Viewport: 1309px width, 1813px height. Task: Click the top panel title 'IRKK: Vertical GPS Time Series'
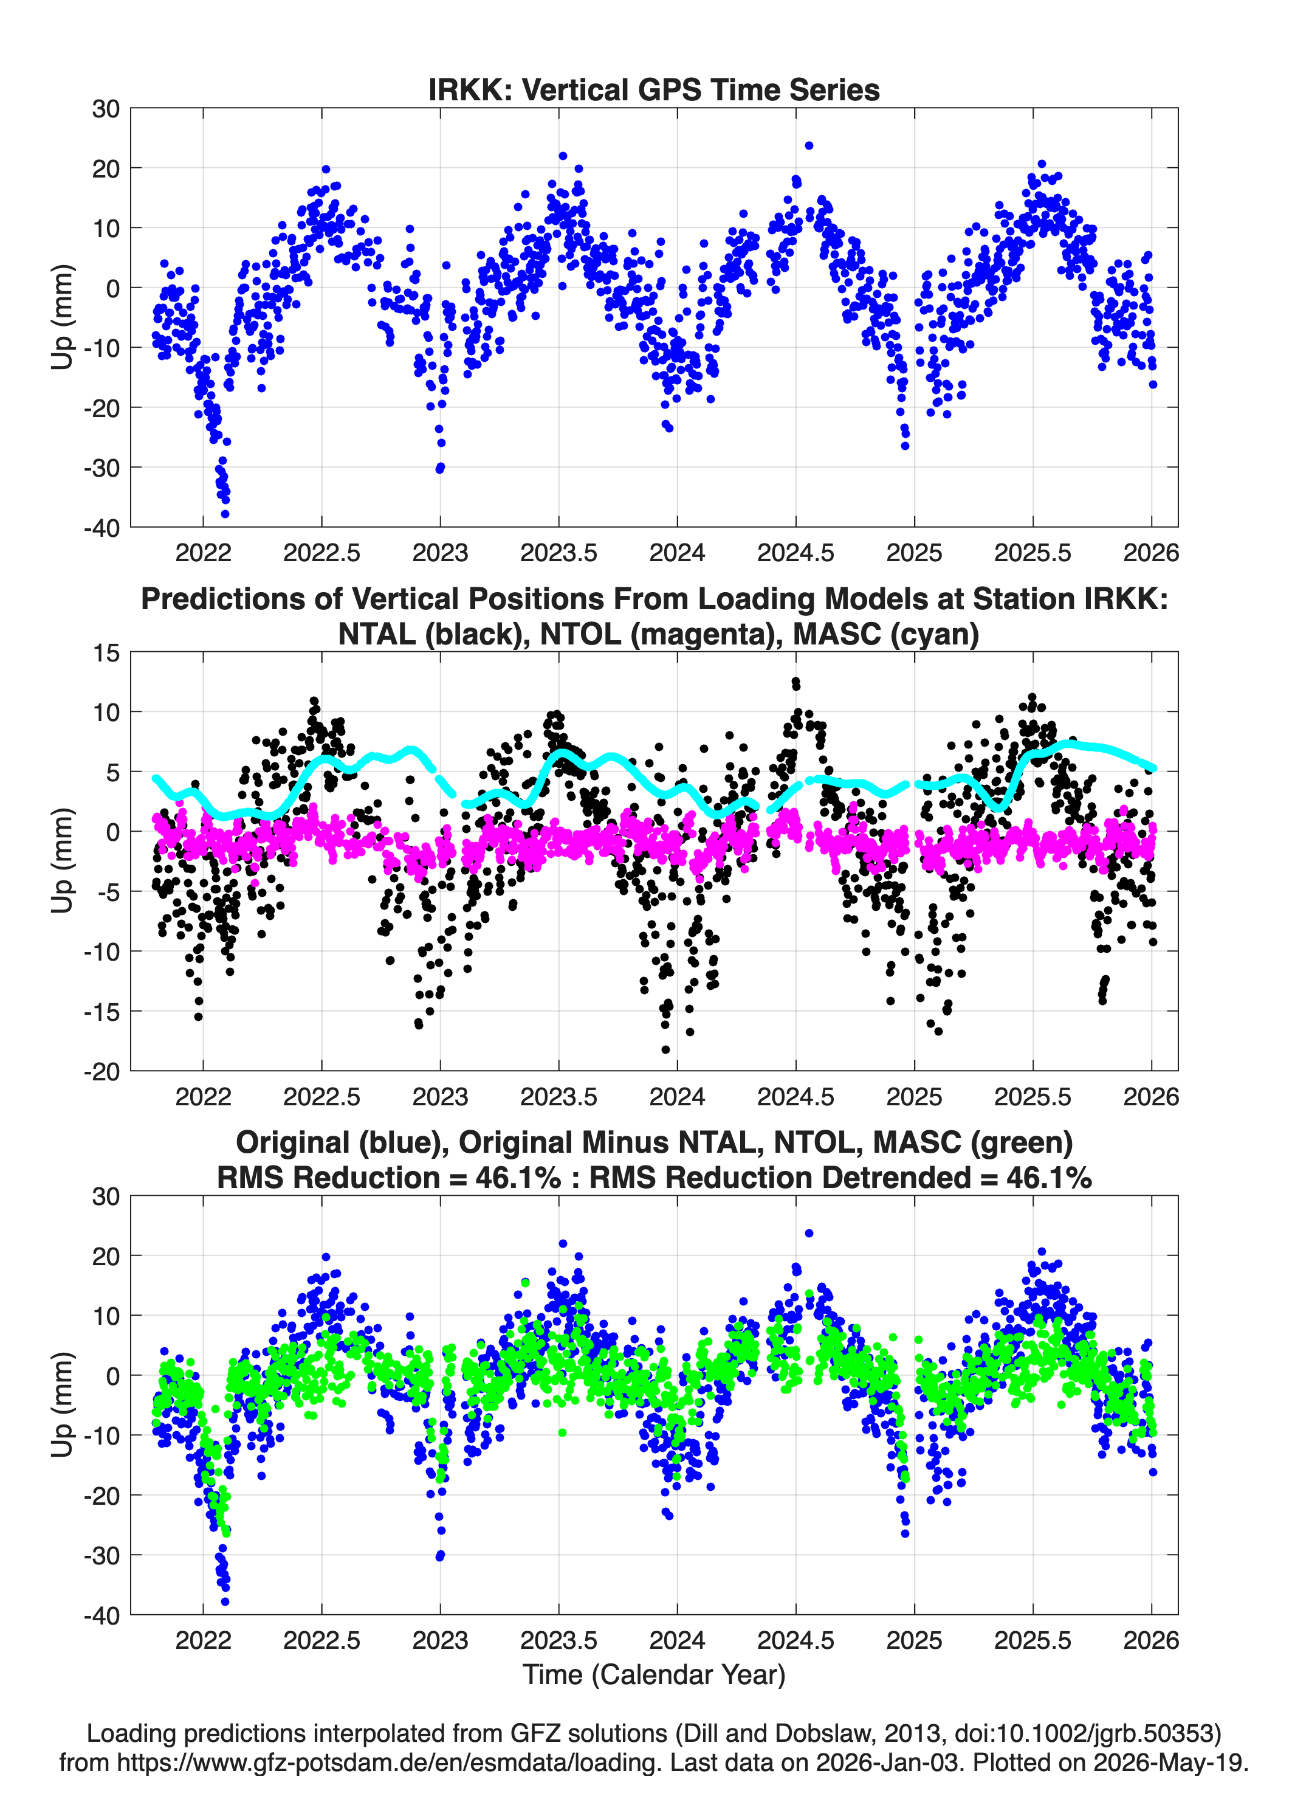point(654,89)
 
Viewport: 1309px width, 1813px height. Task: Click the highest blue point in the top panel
point(809,145)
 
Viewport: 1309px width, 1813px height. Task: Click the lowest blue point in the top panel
point(225,514)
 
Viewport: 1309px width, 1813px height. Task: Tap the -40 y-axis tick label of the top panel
point(101,528)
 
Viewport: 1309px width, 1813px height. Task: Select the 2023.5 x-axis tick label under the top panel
point(558,553)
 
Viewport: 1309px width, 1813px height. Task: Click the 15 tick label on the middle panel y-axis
point(106,652)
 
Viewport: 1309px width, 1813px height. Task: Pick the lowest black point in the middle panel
point(665,1049)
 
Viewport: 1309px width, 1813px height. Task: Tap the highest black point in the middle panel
point(795,682)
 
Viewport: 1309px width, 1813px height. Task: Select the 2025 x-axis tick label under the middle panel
point(914,1096)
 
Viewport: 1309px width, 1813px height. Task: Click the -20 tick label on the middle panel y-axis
point(101,1071)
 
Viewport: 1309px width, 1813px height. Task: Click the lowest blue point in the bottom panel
point(225,1601)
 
